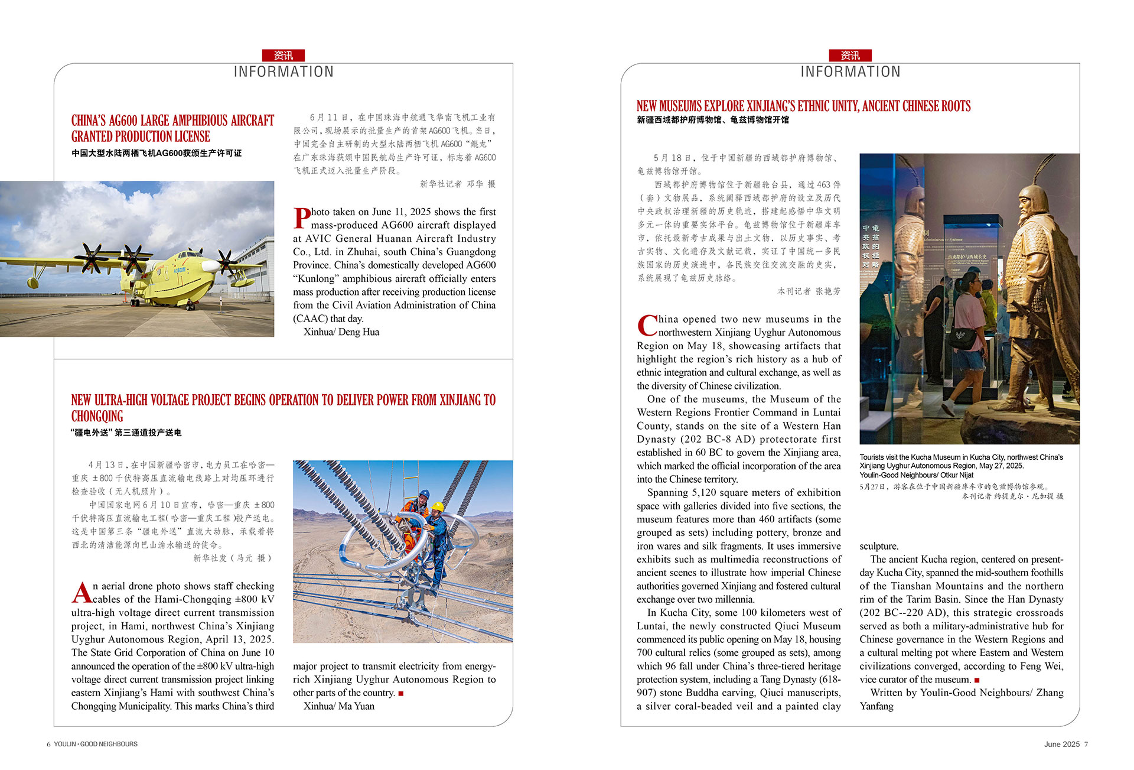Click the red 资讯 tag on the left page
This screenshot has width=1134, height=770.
click(x=283, y=56)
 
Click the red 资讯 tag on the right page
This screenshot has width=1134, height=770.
click(x=850, y=56)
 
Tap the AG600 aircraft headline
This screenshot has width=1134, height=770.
click(x=172, y=128)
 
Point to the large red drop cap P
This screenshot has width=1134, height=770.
click(x=302, y=217)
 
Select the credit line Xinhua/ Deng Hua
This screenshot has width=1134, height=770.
click(x=341, y=332)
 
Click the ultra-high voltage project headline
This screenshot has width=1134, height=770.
click(x=283, y=408)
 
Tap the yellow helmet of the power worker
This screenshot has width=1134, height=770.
click(x=437, y=506)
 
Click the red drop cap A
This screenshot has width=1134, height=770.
click(x=82, y=592)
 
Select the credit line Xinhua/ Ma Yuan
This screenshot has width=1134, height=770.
click(x=339, y=706)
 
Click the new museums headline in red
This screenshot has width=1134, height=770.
click(x=803, y=106)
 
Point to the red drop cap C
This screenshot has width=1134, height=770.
click(x=647, y=325)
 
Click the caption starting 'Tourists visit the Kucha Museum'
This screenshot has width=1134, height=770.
click(x=961, y=466)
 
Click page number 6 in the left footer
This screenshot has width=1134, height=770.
click(x=48, y=745)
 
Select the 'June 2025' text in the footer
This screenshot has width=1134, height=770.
click(x=1061, y=745)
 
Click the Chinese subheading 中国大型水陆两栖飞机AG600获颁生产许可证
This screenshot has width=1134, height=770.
click(x=157, y=153)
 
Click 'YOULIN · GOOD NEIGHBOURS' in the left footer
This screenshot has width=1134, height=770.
click(x=96, y=745)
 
